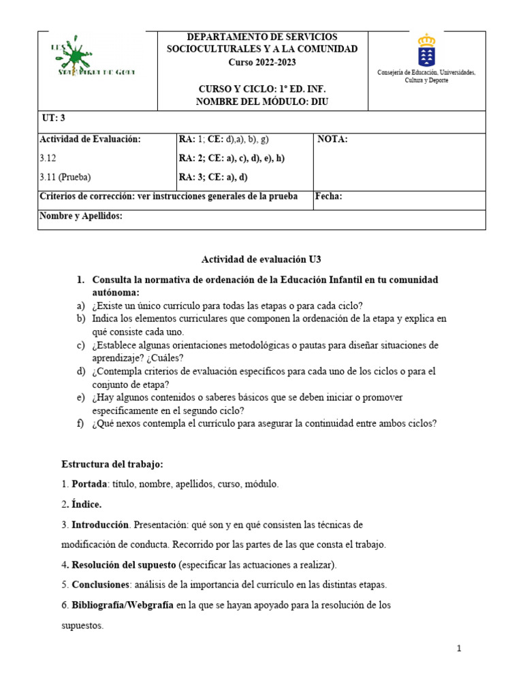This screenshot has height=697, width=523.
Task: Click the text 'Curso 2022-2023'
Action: click(262, 63)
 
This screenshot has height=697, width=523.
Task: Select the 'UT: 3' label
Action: click(54, 118)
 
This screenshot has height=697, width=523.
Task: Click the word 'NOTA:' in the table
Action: click(333, 140)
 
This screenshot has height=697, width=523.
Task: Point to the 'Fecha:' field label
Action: click(330, 197)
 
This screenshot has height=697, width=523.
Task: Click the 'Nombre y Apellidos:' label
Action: click(81, 216)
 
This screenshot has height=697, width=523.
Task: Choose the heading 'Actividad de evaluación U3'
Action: click(261, 259)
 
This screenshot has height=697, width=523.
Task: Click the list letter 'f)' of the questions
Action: click(80, 423)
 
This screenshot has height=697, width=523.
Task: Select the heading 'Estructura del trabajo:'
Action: click(112, 464)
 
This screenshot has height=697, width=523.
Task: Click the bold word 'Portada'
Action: click(89, 484)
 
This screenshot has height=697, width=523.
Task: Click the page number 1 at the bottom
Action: click(460, 649)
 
